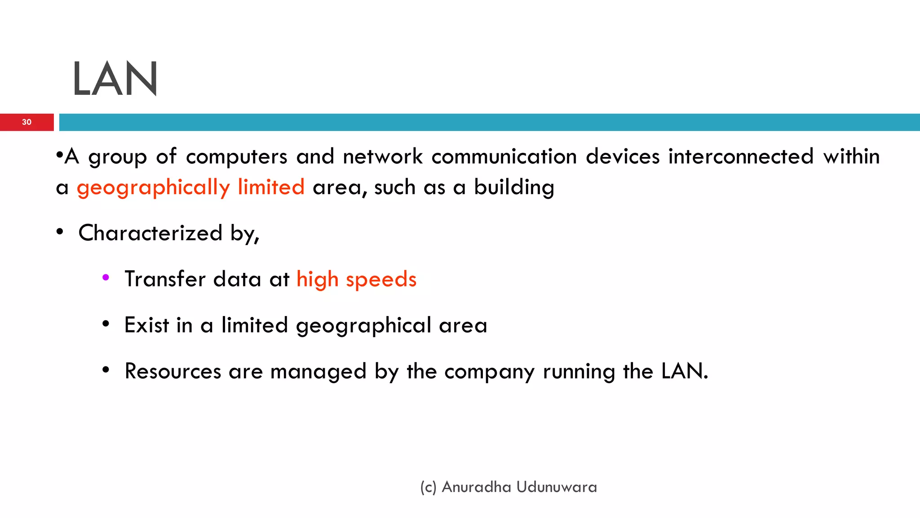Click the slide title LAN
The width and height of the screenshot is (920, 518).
click(x=115, y=79)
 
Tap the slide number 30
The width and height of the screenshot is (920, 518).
click(x=27, y=122)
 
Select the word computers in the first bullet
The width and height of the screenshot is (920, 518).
click(x=236, y=157)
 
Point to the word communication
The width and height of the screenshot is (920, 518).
click(x=504, y=156)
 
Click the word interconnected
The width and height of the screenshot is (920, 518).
click(x=741, y=156)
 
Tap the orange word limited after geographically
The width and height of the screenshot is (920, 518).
click(x=271, y=187)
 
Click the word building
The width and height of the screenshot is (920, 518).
click(x=514, y=187)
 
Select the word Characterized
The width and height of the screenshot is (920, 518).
click(x=150, y=233)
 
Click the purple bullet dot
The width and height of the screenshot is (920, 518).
click(x=106, y=278)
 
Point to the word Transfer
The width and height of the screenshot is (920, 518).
click(x=165, y=279)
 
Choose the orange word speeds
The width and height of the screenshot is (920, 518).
click(x=381, y=280)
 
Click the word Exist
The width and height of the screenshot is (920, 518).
click(x=146, y=325)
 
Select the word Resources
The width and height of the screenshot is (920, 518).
click(x=173, y=371)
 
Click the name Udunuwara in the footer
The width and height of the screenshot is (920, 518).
click(x=557, y=487)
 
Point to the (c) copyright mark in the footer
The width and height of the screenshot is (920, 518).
click(x=428, y=487)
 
